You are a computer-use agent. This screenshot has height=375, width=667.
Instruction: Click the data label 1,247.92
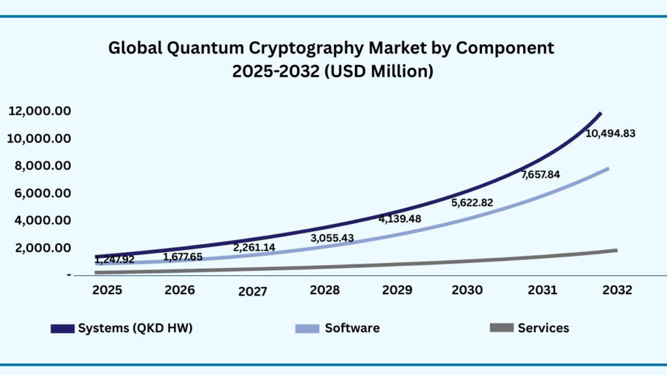coord(114,260)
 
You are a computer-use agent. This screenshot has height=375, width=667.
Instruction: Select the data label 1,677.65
coord(182,257)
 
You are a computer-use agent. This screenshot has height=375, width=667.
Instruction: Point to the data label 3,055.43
coord(332,238)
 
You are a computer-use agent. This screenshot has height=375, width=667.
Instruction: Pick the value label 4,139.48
coord(400,219)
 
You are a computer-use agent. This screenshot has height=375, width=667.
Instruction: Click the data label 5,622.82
coord(472,202)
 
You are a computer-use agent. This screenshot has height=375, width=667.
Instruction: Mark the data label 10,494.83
coord(610,133)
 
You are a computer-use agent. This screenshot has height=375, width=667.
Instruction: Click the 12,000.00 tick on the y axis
coord(40,111)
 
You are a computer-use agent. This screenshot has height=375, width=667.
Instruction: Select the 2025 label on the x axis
coord(107,290)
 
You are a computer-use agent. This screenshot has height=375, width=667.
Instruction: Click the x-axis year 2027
coord(252,292)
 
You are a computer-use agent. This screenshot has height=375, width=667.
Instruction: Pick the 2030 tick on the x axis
coord(468,290)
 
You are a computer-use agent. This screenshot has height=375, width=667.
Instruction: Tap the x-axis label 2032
coord(617,290)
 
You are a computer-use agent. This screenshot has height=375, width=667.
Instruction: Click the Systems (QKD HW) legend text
coord(135,328)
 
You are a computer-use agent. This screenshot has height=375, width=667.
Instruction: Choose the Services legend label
coord(543,328)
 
